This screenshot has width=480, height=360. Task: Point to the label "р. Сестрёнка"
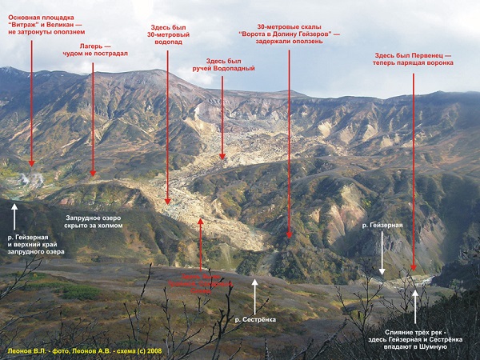point(256,319)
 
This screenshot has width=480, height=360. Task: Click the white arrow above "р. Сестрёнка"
point(255,294)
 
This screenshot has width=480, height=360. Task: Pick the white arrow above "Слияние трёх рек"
point(415,305)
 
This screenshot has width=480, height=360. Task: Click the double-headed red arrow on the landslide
point(200,256)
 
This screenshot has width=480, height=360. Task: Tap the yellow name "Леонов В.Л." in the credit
point(27,350)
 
